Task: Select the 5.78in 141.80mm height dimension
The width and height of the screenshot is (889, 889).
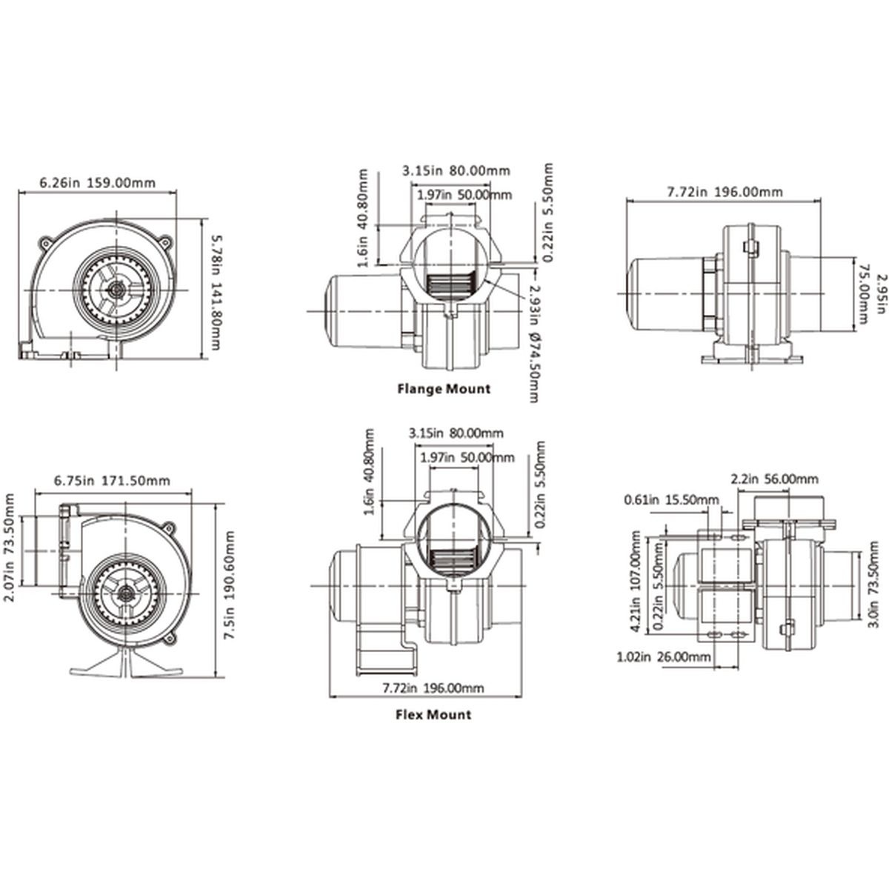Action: tap(216, 293)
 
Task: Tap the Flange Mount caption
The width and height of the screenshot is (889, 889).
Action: tap(444, 389)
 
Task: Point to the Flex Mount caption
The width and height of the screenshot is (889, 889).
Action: tap(433, 715)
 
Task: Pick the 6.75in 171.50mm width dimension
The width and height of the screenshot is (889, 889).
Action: tap(112, 481)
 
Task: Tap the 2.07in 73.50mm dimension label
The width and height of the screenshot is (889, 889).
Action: tap(10, 550)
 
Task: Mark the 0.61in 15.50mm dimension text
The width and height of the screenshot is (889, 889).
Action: tap(670, 499)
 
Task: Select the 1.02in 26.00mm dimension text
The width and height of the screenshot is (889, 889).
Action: tap(663, 656)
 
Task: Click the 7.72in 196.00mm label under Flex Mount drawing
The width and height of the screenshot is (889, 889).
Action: tap(433, 688)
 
